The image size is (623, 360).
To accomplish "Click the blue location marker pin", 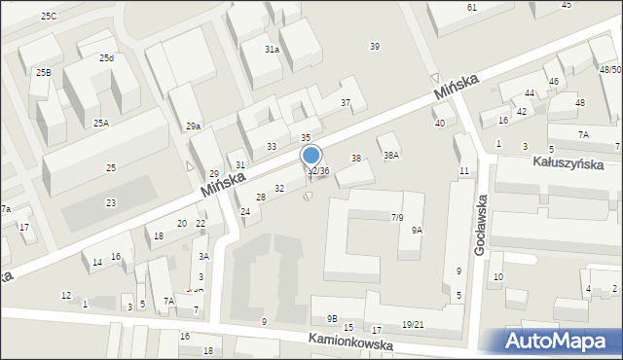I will (x=311, y=156).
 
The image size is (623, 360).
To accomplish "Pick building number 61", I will (x=471, y=7).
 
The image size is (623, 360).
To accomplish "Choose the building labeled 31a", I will (x=272, y=49).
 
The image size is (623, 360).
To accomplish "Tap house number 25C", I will (x=49, y=17).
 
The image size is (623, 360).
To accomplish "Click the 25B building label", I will (x=44, y=72).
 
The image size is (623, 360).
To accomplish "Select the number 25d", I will (x=106, y=57).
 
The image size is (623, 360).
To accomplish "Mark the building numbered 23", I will (x=111, y=202).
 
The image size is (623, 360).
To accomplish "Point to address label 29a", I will (x=193, y=126).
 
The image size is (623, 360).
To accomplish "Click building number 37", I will (x=345, y=102).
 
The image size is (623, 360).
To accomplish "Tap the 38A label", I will (x=390, y=155).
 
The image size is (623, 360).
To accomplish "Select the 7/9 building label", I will (x=397, y=217).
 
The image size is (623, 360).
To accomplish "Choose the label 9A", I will (x=417, y=231).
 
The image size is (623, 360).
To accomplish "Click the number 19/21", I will (x=412, y=324).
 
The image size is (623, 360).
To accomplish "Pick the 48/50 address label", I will (x=610, y=70).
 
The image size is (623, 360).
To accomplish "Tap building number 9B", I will (x=332, y=318).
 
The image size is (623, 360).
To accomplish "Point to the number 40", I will (x=440, y=123).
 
